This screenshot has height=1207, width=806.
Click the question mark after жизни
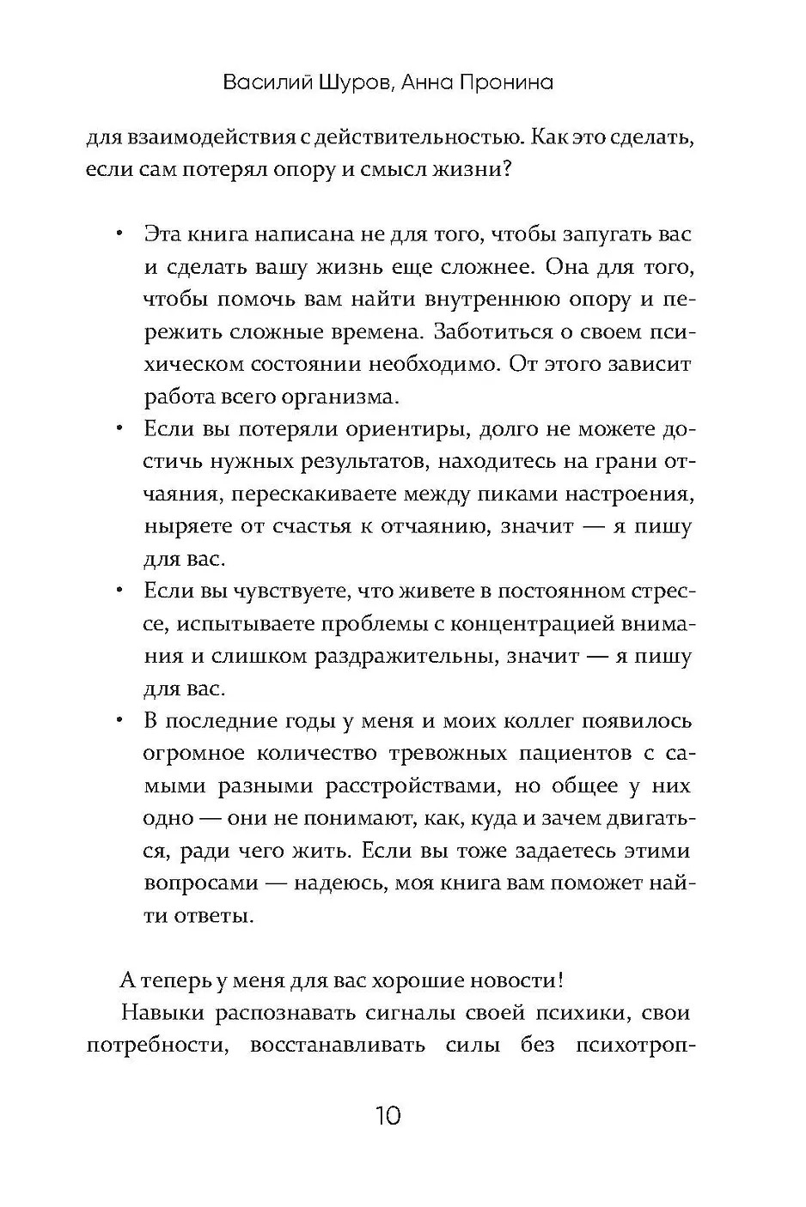tap(508, 169)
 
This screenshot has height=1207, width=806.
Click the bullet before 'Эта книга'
tap(119, 234)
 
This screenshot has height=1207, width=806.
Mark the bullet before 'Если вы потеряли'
tap(119, 429)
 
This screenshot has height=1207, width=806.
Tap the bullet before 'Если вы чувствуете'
tap(119, 591)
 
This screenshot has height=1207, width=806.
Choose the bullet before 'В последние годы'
tap(119, 721)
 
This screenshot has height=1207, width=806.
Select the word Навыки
tap(162, 1013)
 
